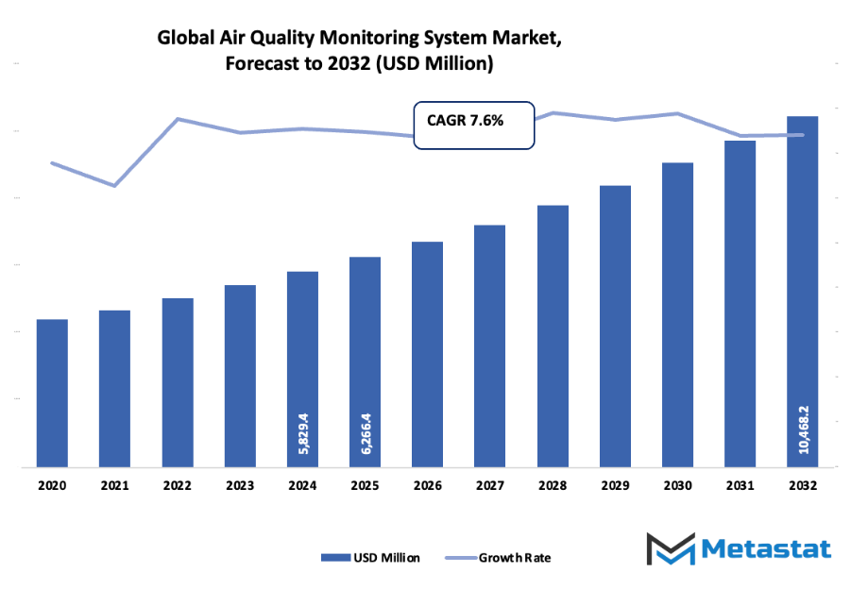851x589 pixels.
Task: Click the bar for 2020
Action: coord(52,393)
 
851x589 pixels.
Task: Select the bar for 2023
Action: coord(240,376)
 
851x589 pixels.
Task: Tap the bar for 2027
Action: coord(489,345)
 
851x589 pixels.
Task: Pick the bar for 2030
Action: coord(677,314)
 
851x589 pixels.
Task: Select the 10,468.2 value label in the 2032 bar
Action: coord(802,429)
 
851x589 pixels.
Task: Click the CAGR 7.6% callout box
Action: coord(474,124)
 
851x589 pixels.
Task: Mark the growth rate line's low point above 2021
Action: coord(115,186)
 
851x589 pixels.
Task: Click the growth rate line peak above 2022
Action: coord(178,119)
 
